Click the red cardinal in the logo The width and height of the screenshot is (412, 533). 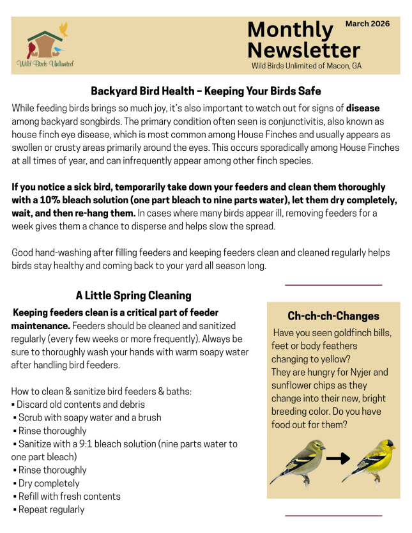point(33,47)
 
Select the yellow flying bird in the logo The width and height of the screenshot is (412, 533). point(63,29)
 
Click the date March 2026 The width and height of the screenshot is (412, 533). point(367,24)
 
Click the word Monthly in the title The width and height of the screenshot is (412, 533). point(290,29)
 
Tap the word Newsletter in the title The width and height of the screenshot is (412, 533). point(303,50)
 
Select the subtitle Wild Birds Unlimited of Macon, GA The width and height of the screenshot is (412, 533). point(306,65)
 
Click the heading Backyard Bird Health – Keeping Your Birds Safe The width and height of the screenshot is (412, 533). point(206,91)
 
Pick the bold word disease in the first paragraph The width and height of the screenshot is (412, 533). point(363,108)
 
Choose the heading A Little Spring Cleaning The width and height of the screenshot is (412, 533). point(134,295)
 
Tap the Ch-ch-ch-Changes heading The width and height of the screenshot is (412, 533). point(333,316)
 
